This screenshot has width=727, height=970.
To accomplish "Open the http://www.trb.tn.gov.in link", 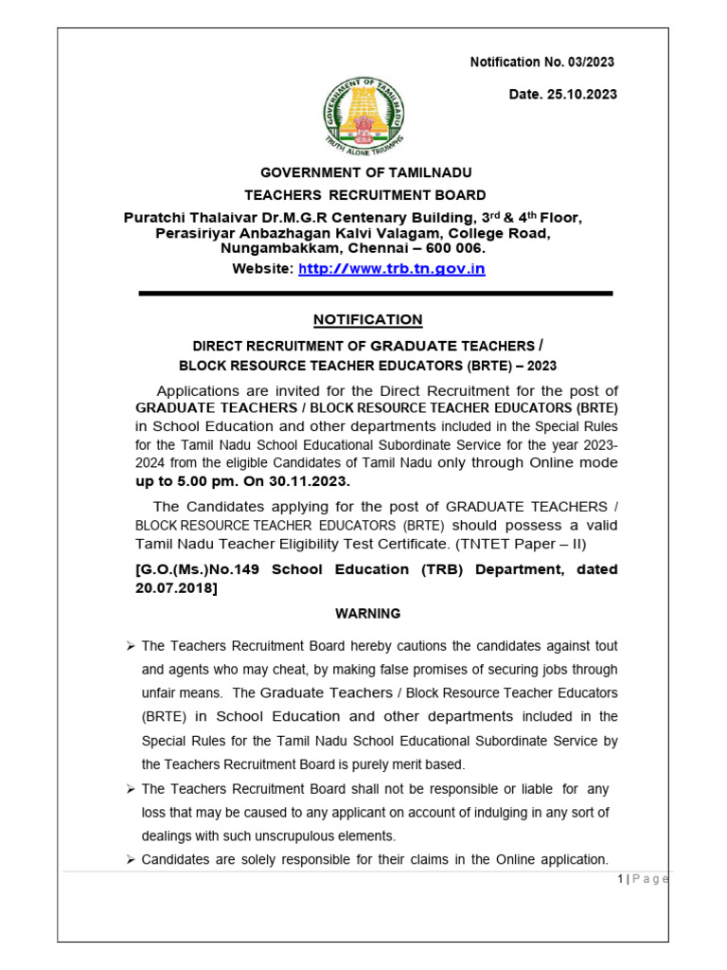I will pos(392,269).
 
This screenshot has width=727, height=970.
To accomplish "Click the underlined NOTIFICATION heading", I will pos(368,319).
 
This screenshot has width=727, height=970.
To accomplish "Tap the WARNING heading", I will pos(367,614).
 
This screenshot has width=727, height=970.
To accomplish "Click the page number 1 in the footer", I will pos(619,879).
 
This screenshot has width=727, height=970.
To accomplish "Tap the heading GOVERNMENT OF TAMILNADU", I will pos(365,172).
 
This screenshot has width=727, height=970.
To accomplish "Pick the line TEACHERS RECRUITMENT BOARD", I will pos(365,195).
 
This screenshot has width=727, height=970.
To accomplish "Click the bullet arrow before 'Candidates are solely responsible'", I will pos(131,860).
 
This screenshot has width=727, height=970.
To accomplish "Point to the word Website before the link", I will pos(262,269).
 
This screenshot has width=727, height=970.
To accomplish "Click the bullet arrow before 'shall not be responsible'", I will pos(131,789).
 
